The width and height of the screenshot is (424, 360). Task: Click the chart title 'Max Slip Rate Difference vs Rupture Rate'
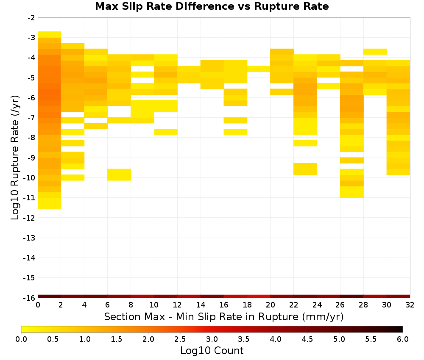(212, 6)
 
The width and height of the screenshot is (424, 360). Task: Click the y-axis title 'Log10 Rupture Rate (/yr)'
(15, 158)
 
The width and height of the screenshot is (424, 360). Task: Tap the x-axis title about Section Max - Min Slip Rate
(223, 316)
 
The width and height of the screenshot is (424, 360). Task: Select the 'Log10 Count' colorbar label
(212, 351)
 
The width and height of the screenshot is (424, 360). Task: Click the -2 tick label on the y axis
(31, 18)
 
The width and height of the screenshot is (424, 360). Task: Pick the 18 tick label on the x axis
(247, 305)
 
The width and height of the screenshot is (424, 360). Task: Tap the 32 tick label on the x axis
(410, 305)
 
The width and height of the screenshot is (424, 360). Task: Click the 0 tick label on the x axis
(38, 305)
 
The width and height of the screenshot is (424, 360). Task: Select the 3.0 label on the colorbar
(212, 339)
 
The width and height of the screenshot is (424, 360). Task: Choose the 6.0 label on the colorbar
(403, 339)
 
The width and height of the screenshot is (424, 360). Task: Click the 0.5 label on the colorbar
(53, 339)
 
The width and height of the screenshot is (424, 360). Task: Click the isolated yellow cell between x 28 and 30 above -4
(375, 52)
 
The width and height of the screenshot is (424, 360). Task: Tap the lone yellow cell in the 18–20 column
(259, 69)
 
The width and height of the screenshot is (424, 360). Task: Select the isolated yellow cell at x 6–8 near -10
(119, 175)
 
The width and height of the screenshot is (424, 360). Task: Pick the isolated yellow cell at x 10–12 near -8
(166, 132)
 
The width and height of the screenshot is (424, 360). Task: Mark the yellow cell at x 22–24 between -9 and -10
(305, 169)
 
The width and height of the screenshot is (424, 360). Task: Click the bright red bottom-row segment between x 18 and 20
(259, 296)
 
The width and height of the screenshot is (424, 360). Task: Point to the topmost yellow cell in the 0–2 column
(50, 35)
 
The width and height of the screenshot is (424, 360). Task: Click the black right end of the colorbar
(401, 329)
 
